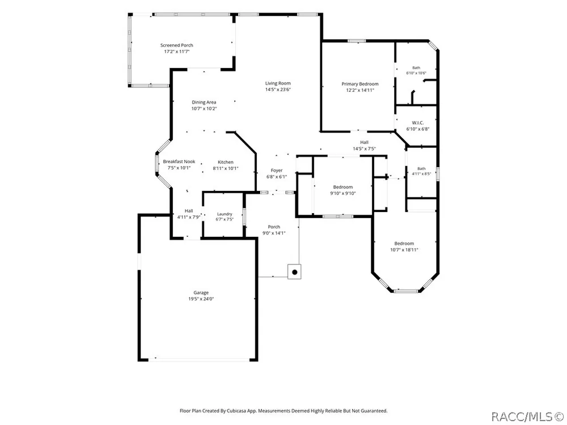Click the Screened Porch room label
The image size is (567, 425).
(x=177, y=45)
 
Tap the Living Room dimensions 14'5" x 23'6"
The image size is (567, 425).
(x=278, y=90)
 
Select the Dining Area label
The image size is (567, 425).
(x=204, y=102)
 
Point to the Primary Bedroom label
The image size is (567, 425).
(x=360, y=84)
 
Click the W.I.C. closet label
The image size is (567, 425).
(x=418, y=123)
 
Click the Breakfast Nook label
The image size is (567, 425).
(x=179, y=161)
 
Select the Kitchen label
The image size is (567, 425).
(x=226, y=162)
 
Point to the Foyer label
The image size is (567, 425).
(x=277, y=171)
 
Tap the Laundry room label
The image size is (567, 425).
(x=225, y=214)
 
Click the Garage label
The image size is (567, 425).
(x=201, y=293)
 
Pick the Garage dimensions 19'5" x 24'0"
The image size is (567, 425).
(x=201, y=299)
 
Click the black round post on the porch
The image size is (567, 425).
(x=295, y=272)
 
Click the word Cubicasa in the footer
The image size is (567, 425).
(x=236, y=411)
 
